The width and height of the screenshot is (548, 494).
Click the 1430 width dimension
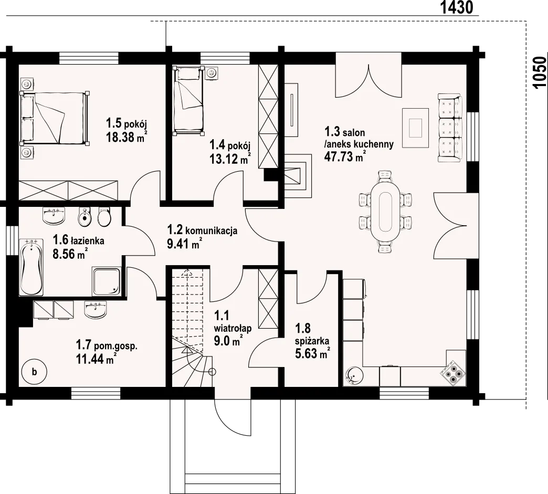click(456, 7)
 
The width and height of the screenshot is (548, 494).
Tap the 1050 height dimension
click(540, 73)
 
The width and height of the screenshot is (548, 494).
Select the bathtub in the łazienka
click(31, 267)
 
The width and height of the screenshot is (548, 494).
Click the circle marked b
click(34, 372)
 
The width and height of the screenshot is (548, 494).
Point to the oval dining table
click(385, 211)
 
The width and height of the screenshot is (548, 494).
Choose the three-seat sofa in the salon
click(450, 128)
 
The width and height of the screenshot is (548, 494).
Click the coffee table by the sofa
click(416, 128)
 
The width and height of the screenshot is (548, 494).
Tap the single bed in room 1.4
click(189, 100)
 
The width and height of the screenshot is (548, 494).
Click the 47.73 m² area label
click(345, 156)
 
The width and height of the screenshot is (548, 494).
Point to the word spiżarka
click(312, 341)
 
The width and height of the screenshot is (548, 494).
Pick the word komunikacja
click(211, 231)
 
